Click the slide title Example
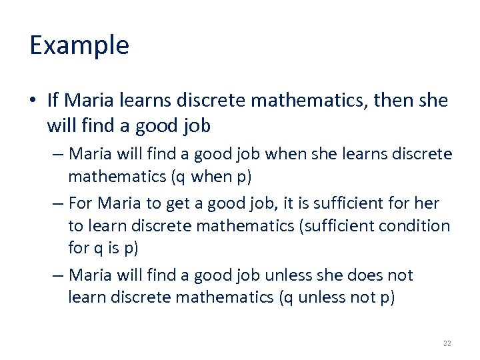pos(79,45)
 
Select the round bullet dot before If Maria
pos(34,101)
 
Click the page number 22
pos(447,343)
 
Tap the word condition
pos(414,225)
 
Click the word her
pos(427,203)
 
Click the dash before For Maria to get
pos(57,203)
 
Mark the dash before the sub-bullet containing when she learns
pos(57,154)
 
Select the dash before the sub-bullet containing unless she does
pos(57,275)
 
